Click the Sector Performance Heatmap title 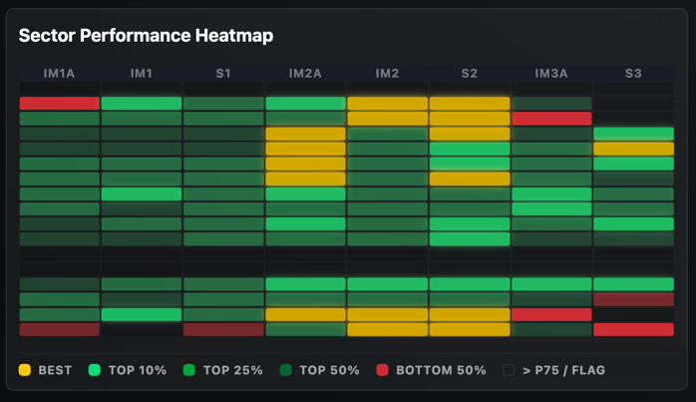point(146,36)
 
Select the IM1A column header point(60,74)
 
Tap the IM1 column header point(142,74)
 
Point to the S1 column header point(223,74)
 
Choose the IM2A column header point(305,74)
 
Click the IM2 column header point(387,74)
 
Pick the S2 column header point(469,74)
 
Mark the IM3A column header point(551,74)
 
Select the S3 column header point(633,74)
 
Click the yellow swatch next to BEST point(25,370)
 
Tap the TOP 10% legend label point(138,370)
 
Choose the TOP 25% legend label point(232,370)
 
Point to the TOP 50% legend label point(329,370)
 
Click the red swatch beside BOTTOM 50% point(383,370)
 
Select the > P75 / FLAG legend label point(563,370)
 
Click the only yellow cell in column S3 point(633,149)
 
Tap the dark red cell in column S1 point(223,329)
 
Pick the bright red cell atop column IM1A point(60,104)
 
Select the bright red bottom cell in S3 point(633,329)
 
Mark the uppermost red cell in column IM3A point(551,119)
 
